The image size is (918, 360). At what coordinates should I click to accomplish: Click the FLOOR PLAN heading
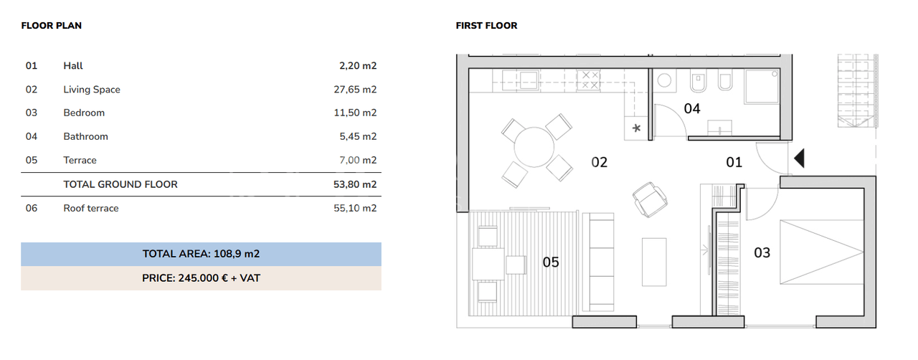51,25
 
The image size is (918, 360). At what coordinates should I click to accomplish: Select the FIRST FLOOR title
486,25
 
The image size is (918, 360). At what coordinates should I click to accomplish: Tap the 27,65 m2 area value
355,90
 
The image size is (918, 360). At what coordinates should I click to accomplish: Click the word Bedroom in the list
84,113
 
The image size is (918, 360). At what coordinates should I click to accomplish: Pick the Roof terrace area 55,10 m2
355,208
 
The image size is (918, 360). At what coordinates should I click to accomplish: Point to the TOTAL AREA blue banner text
202,254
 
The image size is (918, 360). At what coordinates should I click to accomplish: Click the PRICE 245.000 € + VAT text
202,278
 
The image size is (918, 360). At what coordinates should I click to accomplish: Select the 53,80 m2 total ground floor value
355,184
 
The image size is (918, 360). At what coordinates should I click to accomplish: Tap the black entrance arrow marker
799,158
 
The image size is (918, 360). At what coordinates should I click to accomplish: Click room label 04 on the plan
692,109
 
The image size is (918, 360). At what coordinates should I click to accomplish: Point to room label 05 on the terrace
551,262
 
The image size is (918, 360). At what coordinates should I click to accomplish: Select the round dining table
534,147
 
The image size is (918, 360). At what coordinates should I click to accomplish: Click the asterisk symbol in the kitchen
636,128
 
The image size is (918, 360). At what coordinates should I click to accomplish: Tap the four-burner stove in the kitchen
589,80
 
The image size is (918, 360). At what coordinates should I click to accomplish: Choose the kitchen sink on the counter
529,80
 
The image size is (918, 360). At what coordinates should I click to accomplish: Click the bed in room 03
822,252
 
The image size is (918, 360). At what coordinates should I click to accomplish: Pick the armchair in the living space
650,199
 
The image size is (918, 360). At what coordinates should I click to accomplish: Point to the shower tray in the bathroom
762,87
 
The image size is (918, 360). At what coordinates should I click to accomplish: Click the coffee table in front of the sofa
654,262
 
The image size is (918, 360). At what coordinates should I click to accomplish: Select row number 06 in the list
31,208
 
